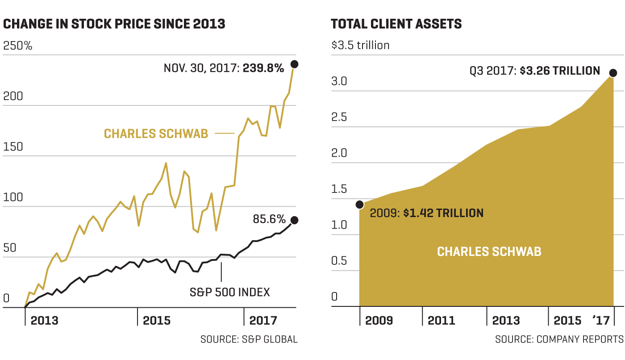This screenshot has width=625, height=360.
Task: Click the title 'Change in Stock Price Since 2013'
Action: [114, 24]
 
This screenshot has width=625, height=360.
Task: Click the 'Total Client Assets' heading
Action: [396, 24]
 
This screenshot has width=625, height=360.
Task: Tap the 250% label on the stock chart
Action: [18, 46]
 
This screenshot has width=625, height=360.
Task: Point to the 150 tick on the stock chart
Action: [13, 147]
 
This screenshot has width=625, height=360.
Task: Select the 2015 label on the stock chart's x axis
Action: [157, 321]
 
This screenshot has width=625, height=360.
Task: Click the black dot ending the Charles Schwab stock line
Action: [294, 64]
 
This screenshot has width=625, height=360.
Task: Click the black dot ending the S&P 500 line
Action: [294, 220]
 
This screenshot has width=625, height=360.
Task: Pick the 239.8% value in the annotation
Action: [263, 68]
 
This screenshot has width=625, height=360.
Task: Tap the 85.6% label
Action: [269, 219]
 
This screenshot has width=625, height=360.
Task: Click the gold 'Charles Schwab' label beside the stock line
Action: [156, 134]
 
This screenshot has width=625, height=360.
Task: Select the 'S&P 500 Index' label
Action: [230, 293]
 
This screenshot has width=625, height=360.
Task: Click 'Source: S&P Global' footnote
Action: [249, 339]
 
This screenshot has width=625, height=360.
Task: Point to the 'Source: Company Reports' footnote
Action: [559, 339]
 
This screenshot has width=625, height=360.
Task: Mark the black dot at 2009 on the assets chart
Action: [359, 205]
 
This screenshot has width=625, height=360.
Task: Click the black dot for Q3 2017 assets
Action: [613, 73]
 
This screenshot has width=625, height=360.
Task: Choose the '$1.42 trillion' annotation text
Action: [443, 213]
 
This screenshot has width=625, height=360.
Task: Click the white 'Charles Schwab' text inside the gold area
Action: [489, 251]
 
